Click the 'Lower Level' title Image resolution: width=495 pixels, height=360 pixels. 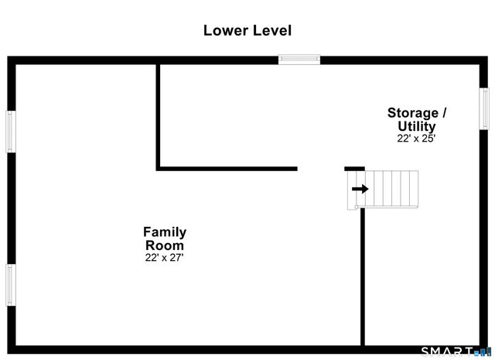[247, 30]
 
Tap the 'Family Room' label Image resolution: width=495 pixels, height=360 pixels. [164, 238]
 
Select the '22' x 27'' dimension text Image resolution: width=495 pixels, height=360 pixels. [164, 257]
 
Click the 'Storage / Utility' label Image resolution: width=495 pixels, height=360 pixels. [416, 118]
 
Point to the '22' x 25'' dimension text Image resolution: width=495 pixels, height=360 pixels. [416, 139]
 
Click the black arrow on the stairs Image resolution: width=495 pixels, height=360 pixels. [360, 188]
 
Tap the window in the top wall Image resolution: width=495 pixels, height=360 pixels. [299, 59]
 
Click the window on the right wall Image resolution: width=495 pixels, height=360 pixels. [484, 108]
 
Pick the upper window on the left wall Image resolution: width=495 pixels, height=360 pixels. [11, 131]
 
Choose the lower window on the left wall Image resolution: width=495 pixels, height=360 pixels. [11, 285]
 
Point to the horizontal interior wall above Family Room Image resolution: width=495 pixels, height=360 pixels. [227, 168]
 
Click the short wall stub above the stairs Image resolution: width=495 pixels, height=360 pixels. [354, 168]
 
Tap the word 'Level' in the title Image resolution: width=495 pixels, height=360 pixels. [271, 30]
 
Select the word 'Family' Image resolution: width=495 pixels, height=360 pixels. [164, 231]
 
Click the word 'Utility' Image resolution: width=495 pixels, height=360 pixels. [417, 126]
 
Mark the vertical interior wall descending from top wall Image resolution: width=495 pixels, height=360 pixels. [159, 115]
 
